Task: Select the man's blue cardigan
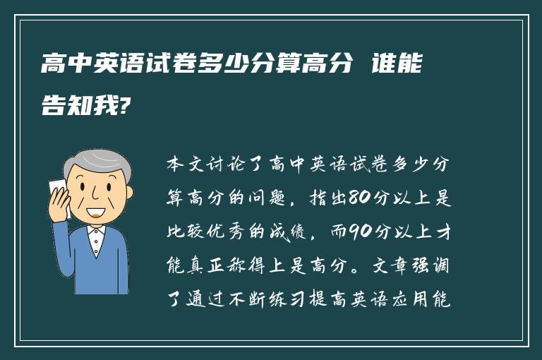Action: pyautogui.click(x=88, y=265)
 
